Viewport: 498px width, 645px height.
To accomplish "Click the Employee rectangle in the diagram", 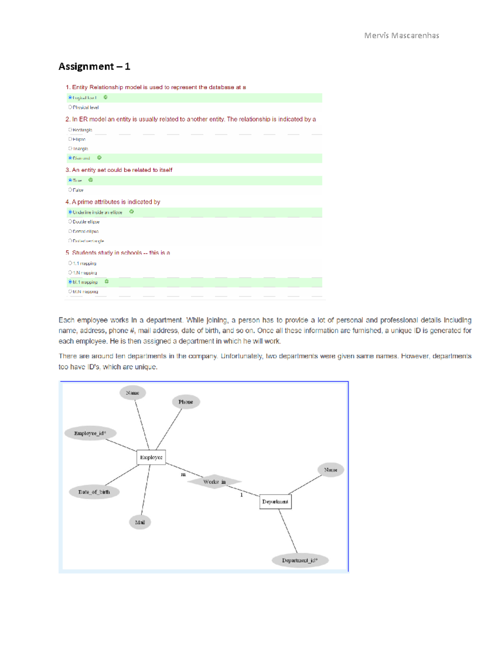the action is (151, 457).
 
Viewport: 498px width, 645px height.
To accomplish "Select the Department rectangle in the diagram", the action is (275, 501).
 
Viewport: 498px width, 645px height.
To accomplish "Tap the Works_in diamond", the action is (214, 482).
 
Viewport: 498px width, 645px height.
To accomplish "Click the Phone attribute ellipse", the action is (186, 402).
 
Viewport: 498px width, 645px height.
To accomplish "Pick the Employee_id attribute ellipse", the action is (90, 433).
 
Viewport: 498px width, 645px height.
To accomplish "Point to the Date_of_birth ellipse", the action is (94, 492).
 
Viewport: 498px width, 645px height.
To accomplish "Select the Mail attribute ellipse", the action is (140, 522).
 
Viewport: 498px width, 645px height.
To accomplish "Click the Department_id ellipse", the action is (300, 560).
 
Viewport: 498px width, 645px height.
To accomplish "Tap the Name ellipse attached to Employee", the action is (132, 392).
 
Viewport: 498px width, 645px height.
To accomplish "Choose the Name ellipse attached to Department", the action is (330, 470).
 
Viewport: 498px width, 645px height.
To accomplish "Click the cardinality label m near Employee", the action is (183, 474).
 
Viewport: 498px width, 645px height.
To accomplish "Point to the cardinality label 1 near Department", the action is (242, 495).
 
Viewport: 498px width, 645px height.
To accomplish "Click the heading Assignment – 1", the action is (94, 66).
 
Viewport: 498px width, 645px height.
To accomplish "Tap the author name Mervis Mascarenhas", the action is (401, 36).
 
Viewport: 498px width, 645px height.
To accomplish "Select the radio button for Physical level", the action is (70, 107).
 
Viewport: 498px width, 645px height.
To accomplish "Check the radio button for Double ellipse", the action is (70, 221).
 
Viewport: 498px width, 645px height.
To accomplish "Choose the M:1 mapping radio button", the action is (70, 282).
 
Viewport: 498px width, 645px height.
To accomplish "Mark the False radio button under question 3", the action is (70, 190).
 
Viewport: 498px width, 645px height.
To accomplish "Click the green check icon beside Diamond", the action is (99, 158).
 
